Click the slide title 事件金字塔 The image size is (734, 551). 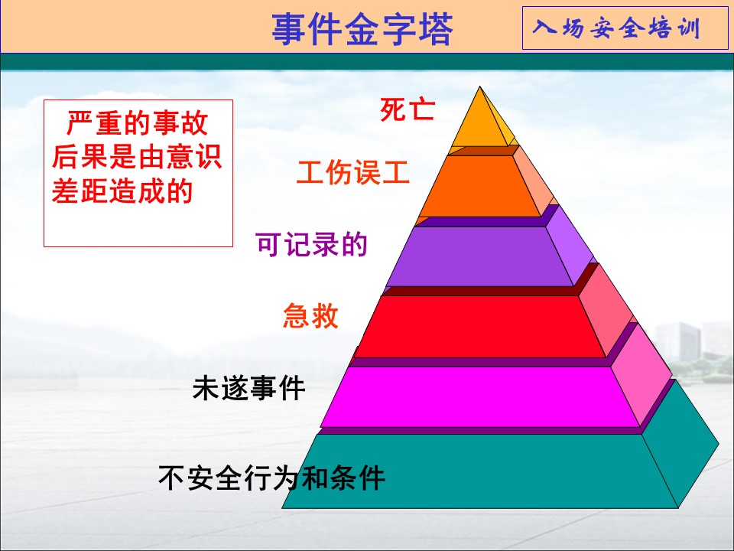click(x=362, y=29)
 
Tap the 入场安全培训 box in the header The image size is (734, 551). click(x=625, y=28)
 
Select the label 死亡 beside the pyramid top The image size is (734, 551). click(x=408, y=109)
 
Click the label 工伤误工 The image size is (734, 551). click(x=353, y=172)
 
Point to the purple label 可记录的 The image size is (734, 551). click(x=312, y=244)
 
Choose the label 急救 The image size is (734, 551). click(x=310, y=315)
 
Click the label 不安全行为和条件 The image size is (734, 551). click(x=272, y=478)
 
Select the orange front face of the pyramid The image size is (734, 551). click(x=480, y=186)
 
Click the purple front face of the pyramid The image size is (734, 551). click(x=480, y=256)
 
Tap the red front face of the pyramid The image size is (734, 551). click(x=480, y=327)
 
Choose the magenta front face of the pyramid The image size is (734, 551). click(x=480, y=397)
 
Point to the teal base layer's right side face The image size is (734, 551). click(x=679, y=445)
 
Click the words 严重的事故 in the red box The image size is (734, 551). click(x=137, y=122)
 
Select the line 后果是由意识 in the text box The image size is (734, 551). click(x=137, y=156)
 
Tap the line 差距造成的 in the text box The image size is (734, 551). click(x=122, y=191)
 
